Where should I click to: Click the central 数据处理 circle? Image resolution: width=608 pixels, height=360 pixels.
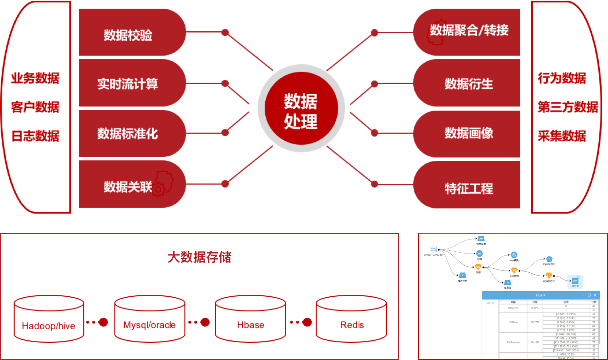coord(301,109)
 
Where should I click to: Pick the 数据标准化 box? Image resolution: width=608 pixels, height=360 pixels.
coord(128,133)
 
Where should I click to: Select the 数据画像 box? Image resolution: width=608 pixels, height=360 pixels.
coord(469,133)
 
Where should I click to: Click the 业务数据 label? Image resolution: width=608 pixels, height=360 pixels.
coord(35,78)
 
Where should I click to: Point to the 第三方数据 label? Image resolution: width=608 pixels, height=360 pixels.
coord(568,107)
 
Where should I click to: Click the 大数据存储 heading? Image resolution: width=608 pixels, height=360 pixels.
coord(199,257)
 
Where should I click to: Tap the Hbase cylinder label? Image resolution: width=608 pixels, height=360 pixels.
coord(251,325)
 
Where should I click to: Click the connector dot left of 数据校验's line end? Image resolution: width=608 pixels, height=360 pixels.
coord(225,32)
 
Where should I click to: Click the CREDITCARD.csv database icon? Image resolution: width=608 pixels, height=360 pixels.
coord(433,249)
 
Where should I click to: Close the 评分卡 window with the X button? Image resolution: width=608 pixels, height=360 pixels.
coord(595,295)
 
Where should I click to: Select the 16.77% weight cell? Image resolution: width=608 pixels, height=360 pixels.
coord(535,322)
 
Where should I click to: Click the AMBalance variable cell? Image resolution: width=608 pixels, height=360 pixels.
coord(513,342)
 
